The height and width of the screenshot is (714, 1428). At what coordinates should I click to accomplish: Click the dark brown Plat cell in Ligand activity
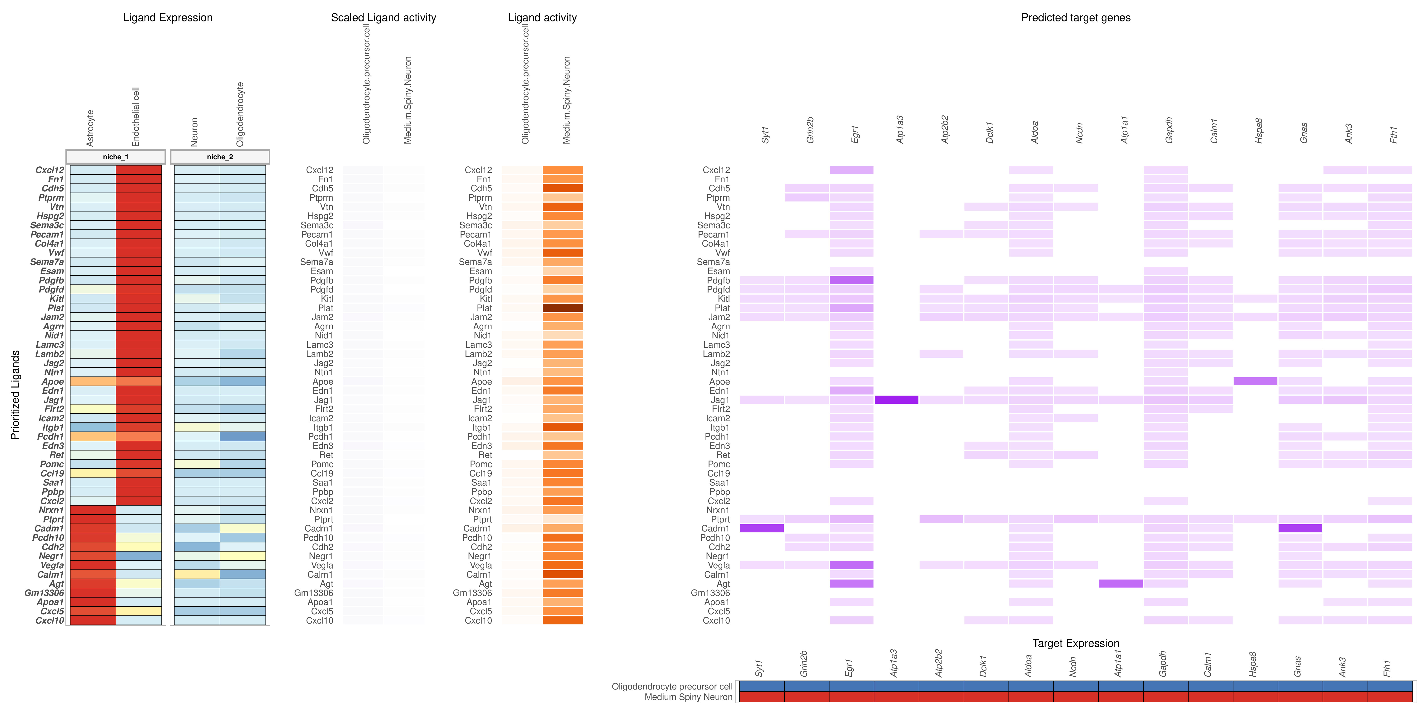coord(563,308)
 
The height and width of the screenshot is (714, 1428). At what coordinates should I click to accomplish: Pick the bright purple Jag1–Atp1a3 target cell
coord(896,400)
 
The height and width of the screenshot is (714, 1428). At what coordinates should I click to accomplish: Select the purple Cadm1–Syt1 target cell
coord(762,528)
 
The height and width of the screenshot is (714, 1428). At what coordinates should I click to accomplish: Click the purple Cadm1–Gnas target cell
coord(1300,528)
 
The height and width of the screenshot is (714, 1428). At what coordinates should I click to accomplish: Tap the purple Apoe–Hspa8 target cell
coord(1255,381)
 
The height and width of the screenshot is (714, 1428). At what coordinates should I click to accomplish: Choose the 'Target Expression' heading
coord(1076,643)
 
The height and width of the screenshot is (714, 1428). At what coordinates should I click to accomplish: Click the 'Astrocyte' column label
coord(90,128)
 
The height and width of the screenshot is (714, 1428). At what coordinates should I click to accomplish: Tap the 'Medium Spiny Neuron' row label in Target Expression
coord(688,697)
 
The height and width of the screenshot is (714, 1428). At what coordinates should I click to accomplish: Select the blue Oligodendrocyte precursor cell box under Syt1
coord(762,686)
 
